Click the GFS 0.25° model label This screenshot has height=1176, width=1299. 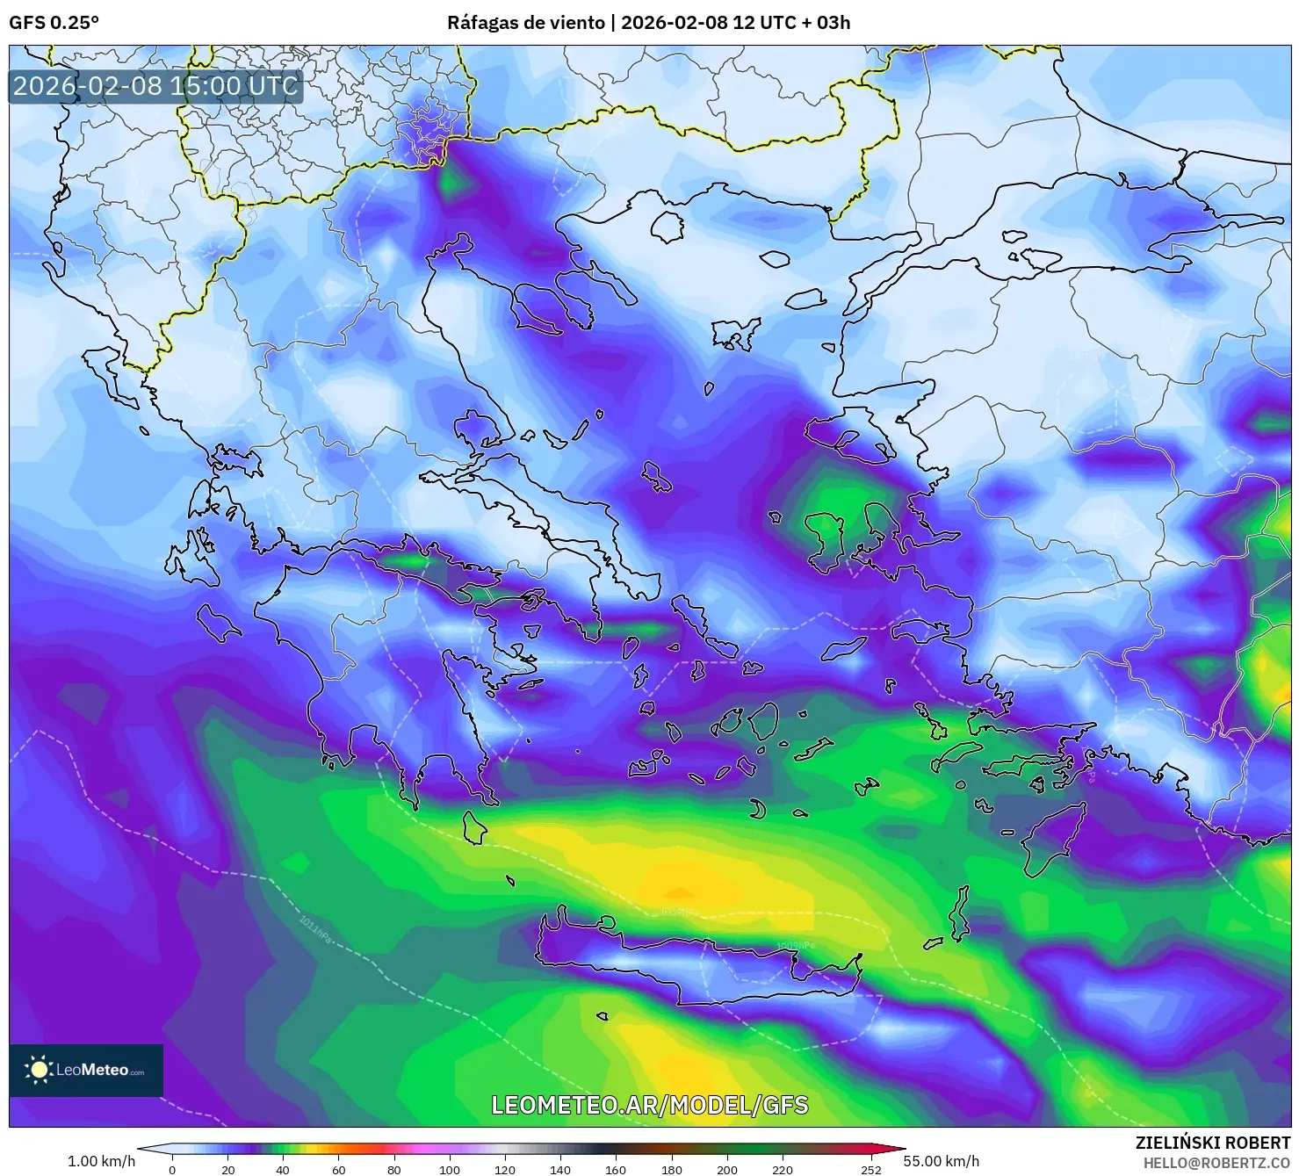click(x=54, y=23)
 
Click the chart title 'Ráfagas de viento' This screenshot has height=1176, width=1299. click(x=525, y=23)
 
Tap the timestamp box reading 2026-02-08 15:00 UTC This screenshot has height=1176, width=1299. click(x=155, y=86)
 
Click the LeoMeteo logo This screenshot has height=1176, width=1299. click(x=86, y=1070)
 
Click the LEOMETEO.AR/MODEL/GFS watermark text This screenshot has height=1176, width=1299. click(x=649, y=1105)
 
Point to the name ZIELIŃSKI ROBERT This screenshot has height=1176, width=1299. click(x=1213, y=1143)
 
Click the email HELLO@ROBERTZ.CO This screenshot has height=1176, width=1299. click(x=1216, y=1162)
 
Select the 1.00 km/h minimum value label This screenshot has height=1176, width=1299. click(x=101, y=1161)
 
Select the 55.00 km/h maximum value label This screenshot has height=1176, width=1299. click(x=941, y=1161)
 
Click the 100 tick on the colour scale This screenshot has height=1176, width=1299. click(x=450, y=1169)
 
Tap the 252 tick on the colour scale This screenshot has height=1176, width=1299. click(x=870, y=1169)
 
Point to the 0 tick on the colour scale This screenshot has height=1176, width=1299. click(x=172, y=1169)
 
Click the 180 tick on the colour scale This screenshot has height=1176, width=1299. click(x=671, y=1169)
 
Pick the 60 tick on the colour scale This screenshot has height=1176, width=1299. click(x=339, y=1169)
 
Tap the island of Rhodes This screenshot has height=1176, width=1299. click(x=1053, y=839)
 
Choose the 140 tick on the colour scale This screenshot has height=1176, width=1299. click(x=560, y=1169)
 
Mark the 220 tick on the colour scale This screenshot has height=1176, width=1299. click(x=782, y=1169)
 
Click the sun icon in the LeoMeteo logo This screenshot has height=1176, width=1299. click(x=40, y=1070)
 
